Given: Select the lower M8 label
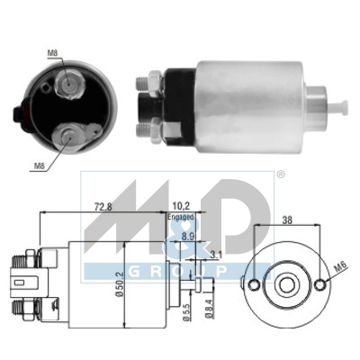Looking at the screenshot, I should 39,165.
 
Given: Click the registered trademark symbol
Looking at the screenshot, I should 280,174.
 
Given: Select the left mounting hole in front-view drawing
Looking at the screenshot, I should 255,284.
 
